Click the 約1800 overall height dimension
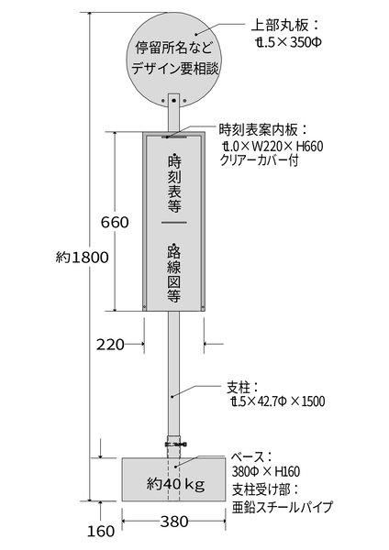tap(83, 258)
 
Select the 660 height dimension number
tap(115, 223)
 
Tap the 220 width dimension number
tap(111, 345)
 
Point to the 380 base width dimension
tap(174, 522)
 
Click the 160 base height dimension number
tap(101, 532)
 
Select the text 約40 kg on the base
tap(175, 484)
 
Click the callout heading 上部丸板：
tap(284, 26)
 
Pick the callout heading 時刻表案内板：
tap(263, 130)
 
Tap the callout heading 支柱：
tap(243, 389)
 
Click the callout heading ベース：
tap(251, 457)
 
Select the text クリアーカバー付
tap(260, 159)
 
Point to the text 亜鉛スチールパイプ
tap(282, 507)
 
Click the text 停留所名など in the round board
tap(174, 48)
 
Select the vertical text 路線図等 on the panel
tap(174, 273)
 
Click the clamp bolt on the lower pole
tap(176, 444)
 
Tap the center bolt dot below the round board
tap(173, 101)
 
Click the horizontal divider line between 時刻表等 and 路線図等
tap(174, 223)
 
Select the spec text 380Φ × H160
tap(266, 472)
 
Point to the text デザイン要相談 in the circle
tap(175, 69)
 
